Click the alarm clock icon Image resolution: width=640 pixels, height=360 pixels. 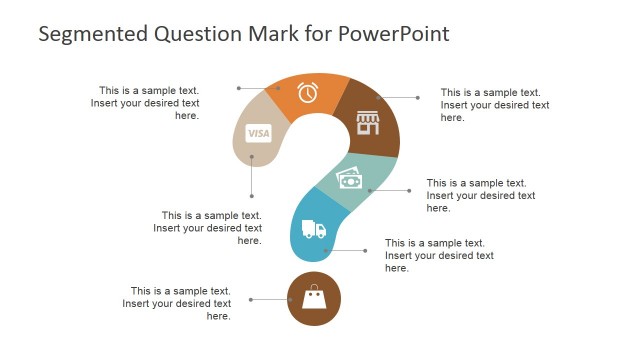(x=308, y=92)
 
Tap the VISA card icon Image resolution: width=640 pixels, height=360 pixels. (x=259, y=133)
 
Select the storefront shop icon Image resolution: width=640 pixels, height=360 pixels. (x=369, y=123)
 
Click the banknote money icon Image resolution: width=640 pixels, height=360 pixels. (x=350, y=178)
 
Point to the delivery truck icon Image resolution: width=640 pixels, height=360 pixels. (x=314, y=230)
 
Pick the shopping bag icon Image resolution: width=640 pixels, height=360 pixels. (x=314, y=298)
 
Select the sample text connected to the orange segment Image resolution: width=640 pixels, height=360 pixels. (x=146, y=102)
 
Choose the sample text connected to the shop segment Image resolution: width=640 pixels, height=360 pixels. (x=494, y=104)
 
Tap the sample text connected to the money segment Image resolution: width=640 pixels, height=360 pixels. (x=480, y=195)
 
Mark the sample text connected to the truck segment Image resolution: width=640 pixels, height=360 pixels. (x=439, y=255)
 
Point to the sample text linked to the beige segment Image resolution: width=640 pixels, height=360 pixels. (x=208, y=227)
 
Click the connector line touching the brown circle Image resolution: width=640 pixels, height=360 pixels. (x=269, y=299)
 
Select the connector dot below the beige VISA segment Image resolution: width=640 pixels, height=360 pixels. (x=252, y=196)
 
